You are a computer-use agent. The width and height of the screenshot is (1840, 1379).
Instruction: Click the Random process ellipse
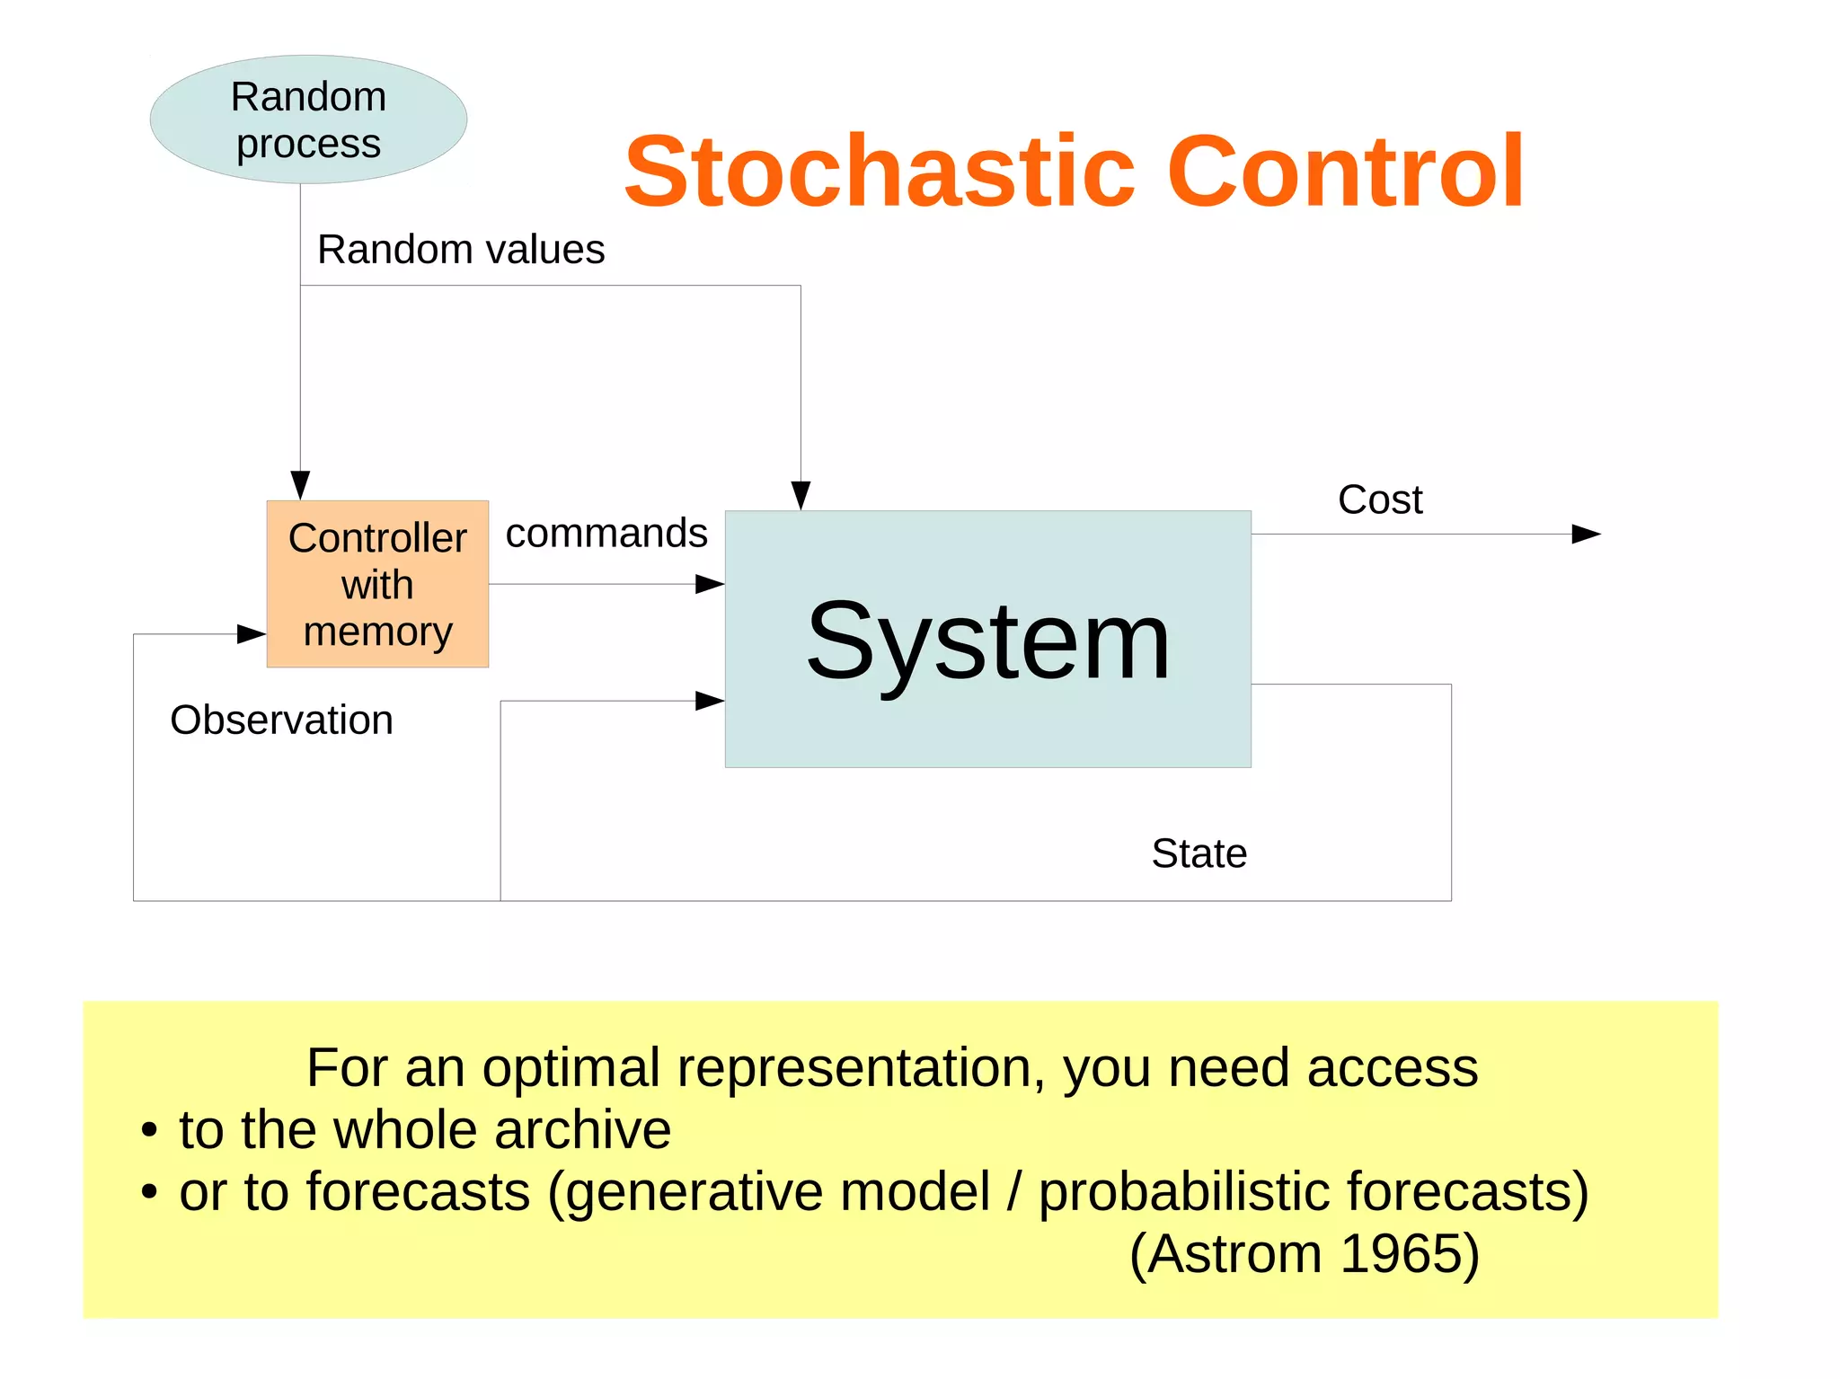[308, 120]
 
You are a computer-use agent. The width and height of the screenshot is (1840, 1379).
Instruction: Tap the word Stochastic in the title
[880, 171]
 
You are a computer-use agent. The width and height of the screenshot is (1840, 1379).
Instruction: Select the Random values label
[461, 250]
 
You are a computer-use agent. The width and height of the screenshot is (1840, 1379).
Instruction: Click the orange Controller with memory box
[377, 585]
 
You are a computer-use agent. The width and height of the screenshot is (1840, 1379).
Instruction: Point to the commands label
[606, 534]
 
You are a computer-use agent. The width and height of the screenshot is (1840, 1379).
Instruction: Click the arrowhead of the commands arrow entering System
[711, 585]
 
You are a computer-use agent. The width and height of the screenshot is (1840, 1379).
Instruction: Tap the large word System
[987, 641]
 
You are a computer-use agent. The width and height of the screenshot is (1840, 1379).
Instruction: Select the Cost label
[1380, 499]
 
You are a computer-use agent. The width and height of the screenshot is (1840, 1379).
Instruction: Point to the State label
[1199, 853]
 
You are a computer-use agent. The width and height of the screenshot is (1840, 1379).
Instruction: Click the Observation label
[281, 720]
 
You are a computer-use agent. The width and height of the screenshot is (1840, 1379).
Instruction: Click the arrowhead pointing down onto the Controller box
[300, 485]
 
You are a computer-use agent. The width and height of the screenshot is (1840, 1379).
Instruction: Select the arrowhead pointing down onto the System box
[801, 495]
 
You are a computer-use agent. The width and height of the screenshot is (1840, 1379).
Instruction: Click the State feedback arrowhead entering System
[710, 701]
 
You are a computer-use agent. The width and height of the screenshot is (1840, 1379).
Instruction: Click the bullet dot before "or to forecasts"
[149, 1193]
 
